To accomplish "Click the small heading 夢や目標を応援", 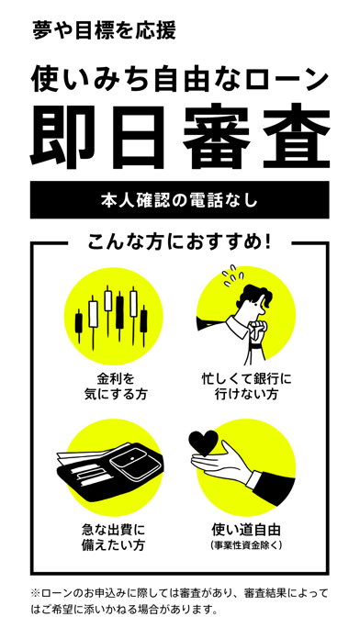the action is click(104, 31).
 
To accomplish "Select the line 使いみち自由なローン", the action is click(180, 79).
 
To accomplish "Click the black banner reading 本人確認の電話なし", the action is click(180, 200).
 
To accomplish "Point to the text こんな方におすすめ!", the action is click(179, 243).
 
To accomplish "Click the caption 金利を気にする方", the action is click(116, 387).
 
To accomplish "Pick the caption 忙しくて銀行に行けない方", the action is click(247, 387).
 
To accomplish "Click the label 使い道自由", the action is click(246, 531).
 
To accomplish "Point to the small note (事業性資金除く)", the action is click(246, 545).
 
